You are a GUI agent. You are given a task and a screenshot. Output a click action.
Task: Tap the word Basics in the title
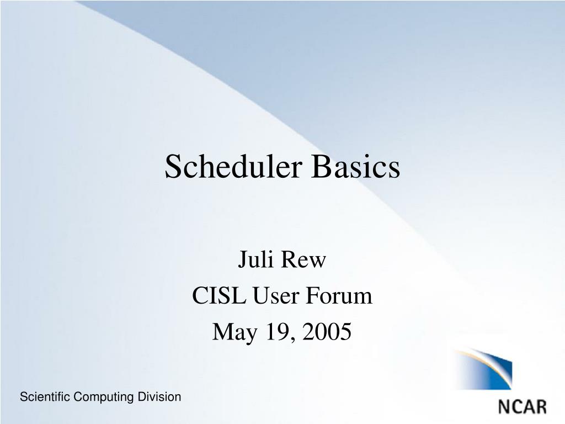coord(356,166)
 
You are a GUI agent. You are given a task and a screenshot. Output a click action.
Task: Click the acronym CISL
coord(218,296)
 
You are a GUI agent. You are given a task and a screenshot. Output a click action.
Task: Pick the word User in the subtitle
coord(276,296)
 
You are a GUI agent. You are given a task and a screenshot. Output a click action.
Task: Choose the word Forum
coord(339,296)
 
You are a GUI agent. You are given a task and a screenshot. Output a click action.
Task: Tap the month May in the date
coord(234,332)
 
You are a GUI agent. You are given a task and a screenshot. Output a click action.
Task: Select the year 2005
coord(327,331)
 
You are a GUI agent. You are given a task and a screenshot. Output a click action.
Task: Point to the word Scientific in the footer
coord(45,396)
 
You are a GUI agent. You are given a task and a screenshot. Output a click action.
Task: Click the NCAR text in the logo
coord(523,407)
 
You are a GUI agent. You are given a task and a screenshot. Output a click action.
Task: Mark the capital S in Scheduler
coord(172,166)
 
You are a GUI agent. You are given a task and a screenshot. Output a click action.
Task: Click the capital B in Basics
coord(321,166)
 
